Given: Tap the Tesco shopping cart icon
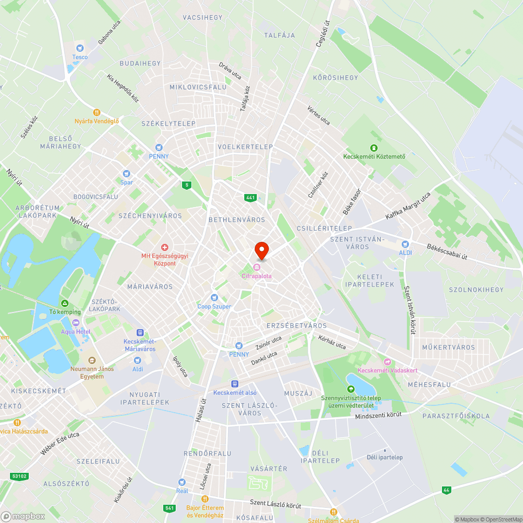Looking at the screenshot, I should [80, 48].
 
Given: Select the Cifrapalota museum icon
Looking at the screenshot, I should [256, 267].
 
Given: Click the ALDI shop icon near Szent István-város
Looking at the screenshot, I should [405, 244].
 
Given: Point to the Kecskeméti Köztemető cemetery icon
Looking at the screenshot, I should [373, 147].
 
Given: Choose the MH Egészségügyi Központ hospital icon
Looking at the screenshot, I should [164, 247].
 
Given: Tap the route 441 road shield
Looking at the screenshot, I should [250, 197].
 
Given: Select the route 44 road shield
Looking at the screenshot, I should [446, 490].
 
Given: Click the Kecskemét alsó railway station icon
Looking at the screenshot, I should [235, 383].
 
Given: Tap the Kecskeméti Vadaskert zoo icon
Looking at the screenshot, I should [388, 361].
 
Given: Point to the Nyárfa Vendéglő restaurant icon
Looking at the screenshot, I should [96, 112].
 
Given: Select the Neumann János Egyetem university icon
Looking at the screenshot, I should [92, 360].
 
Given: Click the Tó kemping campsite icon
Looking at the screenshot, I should [65, 303].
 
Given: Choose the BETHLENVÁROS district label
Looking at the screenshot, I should [236, 220].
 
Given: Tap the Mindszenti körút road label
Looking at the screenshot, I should [378, 416].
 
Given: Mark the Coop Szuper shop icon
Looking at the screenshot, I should [214, 298].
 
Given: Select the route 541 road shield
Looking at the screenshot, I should [169, 508].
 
